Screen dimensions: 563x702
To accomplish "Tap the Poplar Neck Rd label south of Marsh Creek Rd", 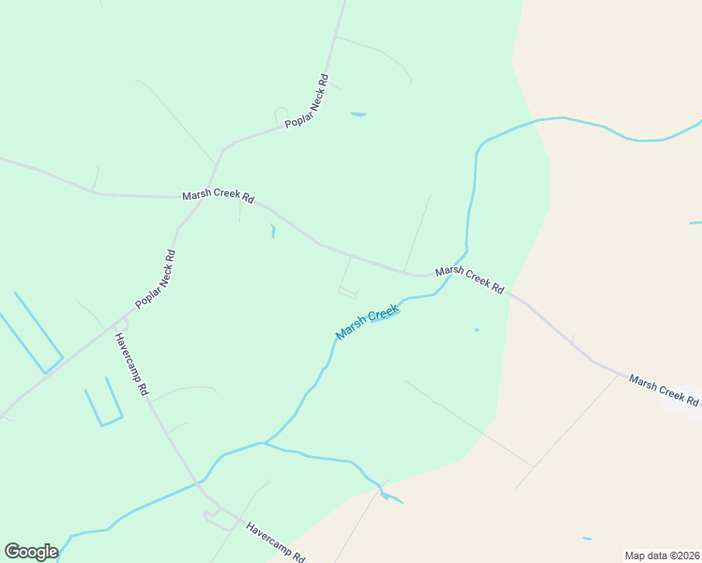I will [156, 279].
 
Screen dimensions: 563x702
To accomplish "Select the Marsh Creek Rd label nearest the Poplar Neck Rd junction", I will [218, 197].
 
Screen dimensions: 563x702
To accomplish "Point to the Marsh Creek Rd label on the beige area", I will [664, 390].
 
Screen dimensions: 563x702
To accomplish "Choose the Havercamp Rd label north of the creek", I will [131, 363].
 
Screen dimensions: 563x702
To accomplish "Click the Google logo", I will [31, 551].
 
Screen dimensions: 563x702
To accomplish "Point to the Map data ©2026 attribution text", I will [662, 555].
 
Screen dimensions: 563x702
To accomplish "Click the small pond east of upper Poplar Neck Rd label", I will [359, 114].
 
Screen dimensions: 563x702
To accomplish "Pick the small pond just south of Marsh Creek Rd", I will [273, 230].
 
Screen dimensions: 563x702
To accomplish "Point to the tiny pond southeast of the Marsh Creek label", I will [477, 329].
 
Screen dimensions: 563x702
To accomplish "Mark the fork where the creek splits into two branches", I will [265, 443].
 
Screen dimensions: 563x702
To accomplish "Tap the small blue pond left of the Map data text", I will [587, 539].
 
